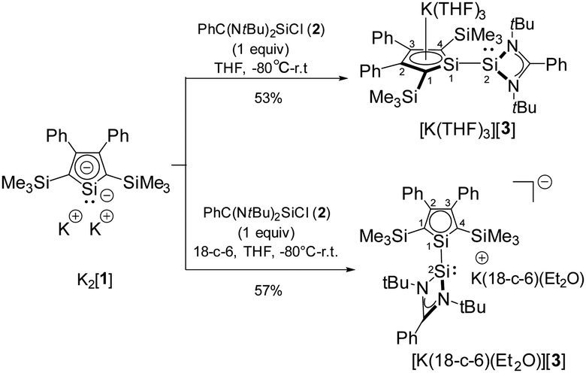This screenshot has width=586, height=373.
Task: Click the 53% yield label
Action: (267, 99)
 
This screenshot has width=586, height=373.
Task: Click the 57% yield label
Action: (267, 290)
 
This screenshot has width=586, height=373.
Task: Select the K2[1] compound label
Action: (95, 280)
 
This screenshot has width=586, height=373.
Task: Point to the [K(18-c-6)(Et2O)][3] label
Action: (488, 362)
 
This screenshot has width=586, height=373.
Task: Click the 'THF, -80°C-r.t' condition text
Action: (261, 68)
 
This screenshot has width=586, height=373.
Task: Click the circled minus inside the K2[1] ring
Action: (87, 167)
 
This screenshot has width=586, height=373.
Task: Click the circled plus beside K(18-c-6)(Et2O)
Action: (482, 258)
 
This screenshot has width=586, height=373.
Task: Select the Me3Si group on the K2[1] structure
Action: (26, 184)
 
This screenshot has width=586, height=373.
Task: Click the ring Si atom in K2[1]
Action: (89, 189)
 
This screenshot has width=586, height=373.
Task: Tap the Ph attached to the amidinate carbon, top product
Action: (556, 65)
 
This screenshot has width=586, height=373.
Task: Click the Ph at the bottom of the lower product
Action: (406, 338)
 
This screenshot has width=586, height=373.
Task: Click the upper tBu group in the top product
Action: (523, 24)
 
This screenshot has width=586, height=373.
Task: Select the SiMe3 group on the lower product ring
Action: (495, 237)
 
